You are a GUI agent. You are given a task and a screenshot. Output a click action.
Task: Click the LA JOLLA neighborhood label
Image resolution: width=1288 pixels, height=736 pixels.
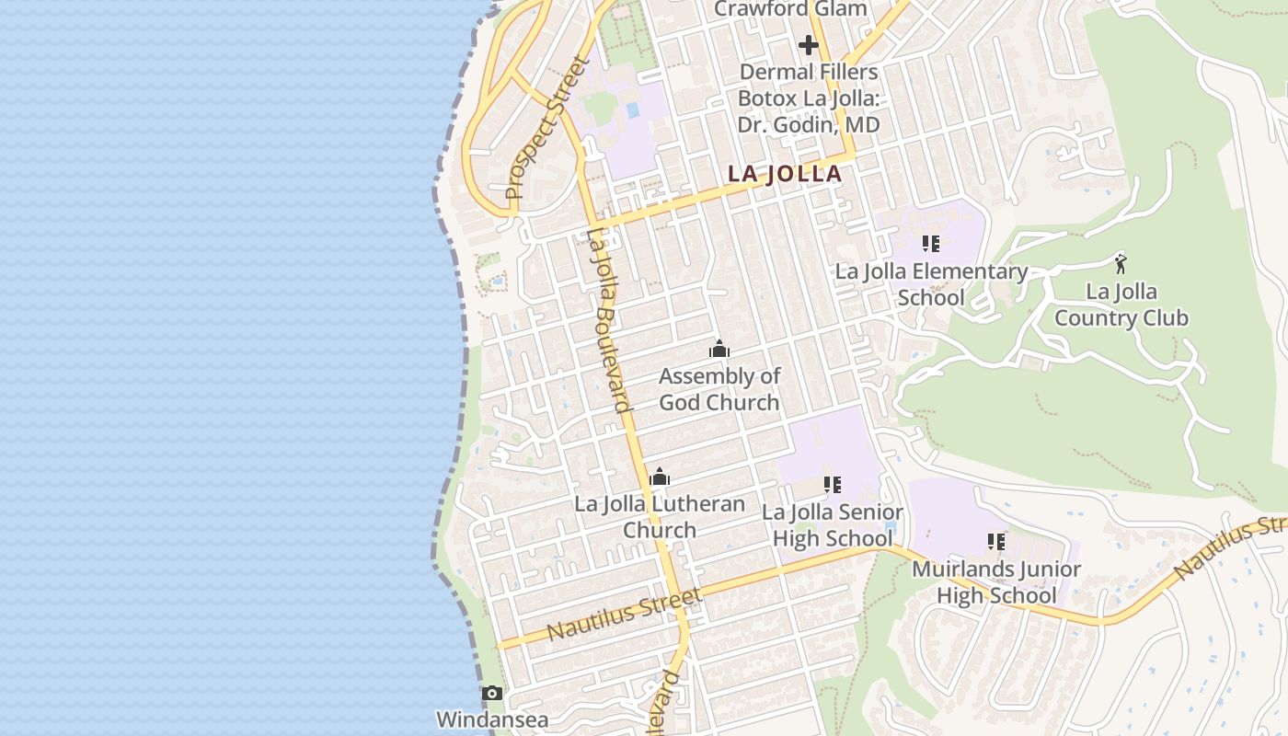(x=785, y=174)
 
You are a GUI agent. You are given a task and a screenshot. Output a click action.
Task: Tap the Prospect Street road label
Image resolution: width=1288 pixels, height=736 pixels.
(x=546, y=129)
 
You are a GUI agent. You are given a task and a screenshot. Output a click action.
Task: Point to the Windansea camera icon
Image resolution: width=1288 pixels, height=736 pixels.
(x=492, y=693)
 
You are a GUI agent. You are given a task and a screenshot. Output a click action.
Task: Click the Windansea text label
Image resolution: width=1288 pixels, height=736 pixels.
(x=492, y=719)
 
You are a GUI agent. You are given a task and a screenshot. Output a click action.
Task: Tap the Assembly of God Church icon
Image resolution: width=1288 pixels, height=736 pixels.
(x=719, y=349)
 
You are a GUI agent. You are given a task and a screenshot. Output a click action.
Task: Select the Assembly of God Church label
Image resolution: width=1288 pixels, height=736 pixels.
(x=719, y=389)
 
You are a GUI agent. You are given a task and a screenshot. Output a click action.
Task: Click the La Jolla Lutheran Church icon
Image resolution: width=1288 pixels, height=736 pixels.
(x=660, y=477)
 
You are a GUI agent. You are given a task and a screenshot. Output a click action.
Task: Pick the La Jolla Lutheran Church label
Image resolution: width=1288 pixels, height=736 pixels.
(x=660, y=517)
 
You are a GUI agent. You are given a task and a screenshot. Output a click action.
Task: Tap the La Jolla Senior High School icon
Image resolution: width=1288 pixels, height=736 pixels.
(x=833, y=485)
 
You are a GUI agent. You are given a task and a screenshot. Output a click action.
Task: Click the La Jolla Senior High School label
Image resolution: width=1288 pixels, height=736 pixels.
(x=833, y=525)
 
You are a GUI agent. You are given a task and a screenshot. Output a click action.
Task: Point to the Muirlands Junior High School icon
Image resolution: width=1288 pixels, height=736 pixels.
(x=996, y=542)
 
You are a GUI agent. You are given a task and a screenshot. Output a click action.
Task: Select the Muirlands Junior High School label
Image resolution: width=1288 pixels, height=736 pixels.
(x=996, y=582)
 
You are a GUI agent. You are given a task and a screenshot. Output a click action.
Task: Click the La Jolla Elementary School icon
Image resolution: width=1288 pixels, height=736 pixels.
(x=931, y=244)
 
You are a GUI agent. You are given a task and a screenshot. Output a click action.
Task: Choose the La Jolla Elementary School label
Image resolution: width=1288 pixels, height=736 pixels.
(x=931, y=284)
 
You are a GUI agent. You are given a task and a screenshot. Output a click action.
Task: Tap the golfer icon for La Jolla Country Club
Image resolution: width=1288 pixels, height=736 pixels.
(x=1121, y=265)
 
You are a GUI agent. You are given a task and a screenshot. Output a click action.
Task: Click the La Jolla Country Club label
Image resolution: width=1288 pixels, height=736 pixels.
(x=1121, y=305)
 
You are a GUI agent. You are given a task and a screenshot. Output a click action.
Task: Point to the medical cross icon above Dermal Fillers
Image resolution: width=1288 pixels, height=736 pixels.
(x=809, y=44)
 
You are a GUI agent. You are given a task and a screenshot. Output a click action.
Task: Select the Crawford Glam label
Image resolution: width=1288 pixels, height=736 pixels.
(x=790, y=9)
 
